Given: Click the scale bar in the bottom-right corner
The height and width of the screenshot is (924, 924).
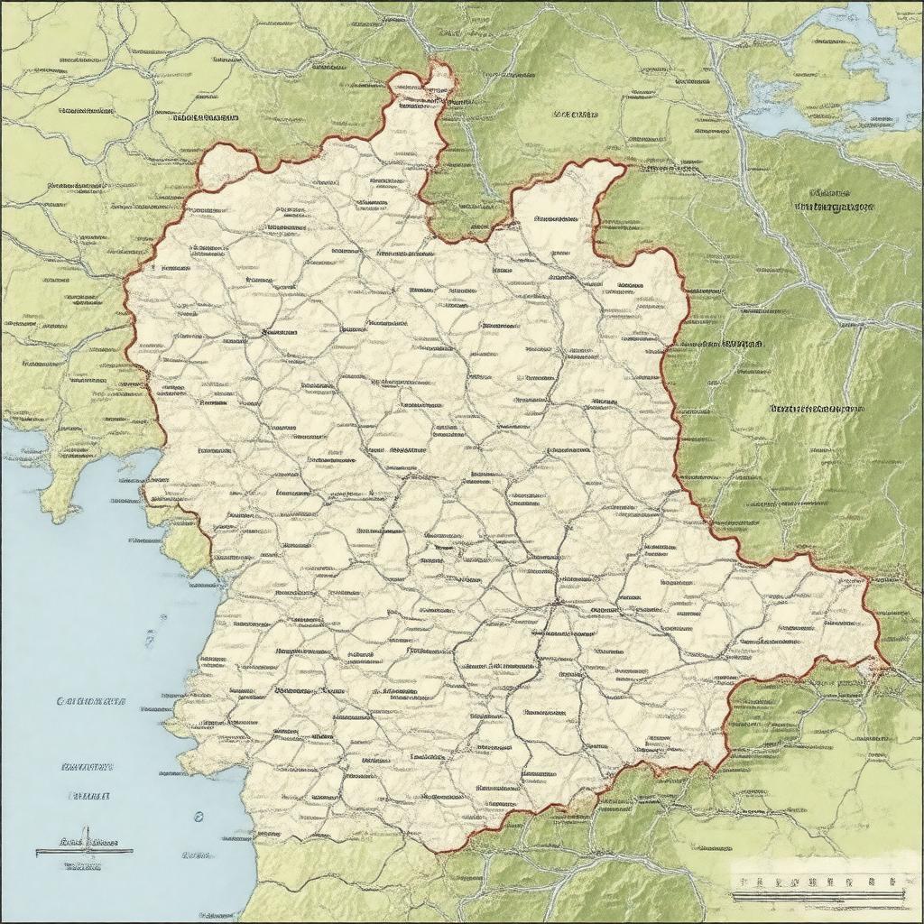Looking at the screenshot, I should pos(817,896).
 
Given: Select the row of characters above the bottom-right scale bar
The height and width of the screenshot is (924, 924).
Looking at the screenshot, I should pos(817,880).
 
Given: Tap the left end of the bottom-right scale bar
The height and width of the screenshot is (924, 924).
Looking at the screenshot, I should pos(732,896).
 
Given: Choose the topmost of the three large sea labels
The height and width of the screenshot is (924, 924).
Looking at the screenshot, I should pos(91,700).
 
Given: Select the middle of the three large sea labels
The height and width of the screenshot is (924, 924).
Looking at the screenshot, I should pos(88,766).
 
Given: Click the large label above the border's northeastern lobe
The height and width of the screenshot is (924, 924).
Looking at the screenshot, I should pos(575,115).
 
